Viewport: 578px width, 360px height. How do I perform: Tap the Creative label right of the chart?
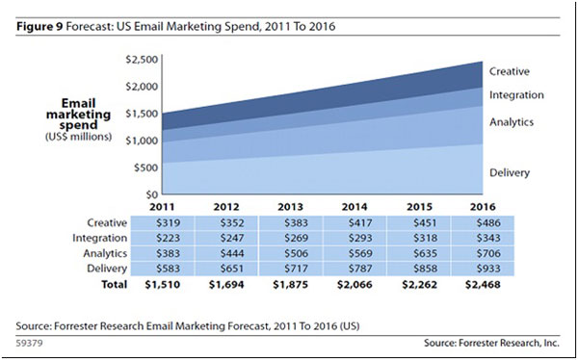pos(510,71)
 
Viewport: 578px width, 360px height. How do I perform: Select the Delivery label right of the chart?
pos(509,172)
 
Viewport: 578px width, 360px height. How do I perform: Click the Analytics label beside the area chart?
pos(511,122)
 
